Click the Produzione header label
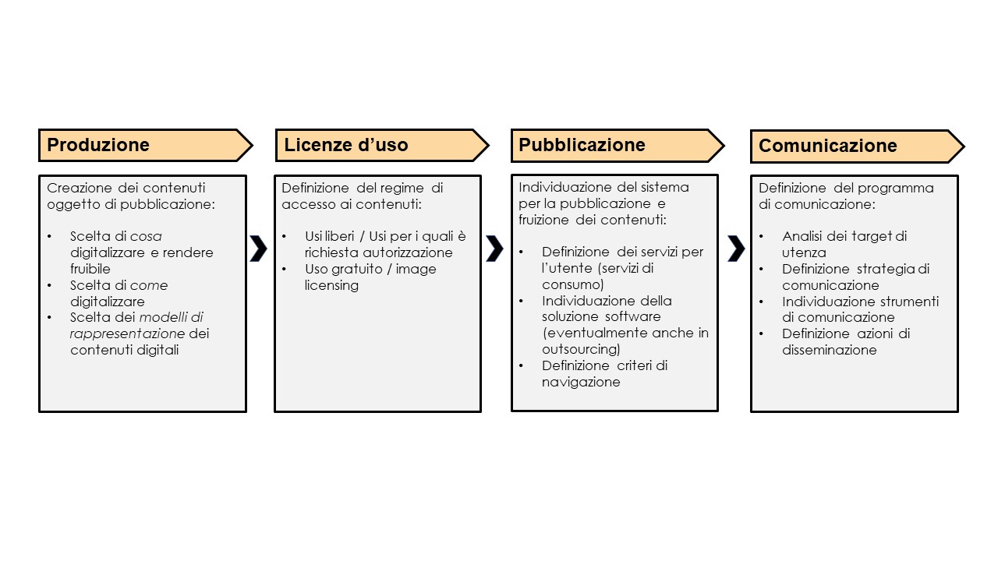click(98, 145)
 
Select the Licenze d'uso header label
click(345, 145)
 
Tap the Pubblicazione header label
click(582, 145)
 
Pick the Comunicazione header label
click(828, 146)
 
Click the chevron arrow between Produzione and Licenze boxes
click(259, 248)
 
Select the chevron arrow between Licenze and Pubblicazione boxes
click(495, 248)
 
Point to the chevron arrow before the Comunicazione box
click(737, 248)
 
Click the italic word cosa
click(146, 236)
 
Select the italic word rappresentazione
click(127, 334)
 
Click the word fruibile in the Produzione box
click(90, 269)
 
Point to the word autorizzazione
click(408, 252)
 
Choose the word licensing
click(331, 285)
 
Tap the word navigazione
click(581, 382)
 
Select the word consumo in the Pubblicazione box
click(572, 284)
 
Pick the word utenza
click(804, 253)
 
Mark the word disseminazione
click(829, 350)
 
